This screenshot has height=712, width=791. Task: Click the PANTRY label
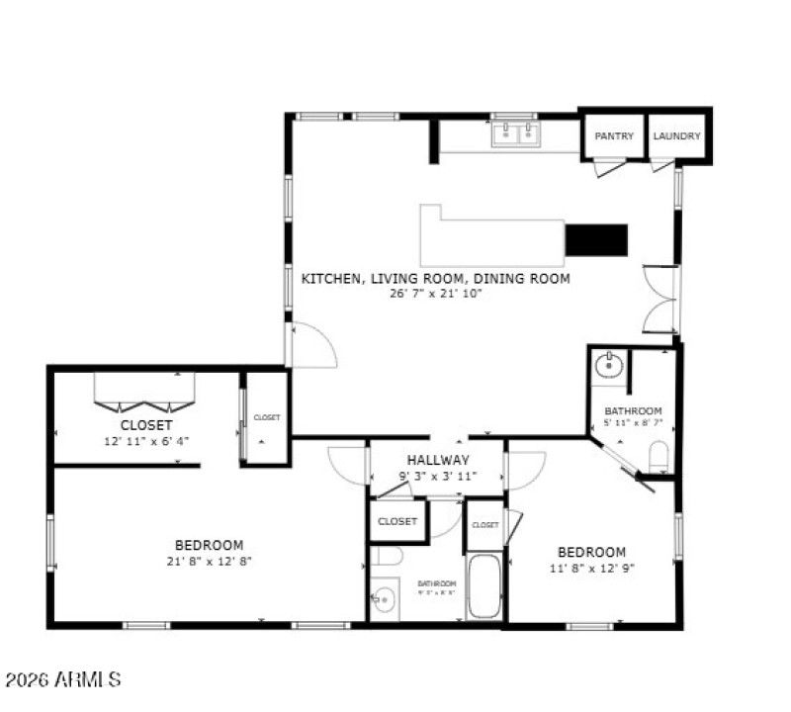614,136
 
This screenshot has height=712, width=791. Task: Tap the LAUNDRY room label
677,136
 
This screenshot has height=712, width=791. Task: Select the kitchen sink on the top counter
514,133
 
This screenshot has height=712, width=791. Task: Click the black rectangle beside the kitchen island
596,239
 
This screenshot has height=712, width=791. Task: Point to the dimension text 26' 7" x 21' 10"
435,294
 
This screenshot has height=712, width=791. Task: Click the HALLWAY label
438,460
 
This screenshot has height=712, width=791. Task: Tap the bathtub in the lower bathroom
483,586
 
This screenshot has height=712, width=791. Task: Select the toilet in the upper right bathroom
659,457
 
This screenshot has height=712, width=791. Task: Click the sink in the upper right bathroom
607,367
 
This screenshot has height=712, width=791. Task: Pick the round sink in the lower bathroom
383,598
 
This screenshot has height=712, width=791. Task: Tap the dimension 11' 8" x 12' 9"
591,568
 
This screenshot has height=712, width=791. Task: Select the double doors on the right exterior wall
660,299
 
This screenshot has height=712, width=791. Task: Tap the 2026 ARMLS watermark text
63,680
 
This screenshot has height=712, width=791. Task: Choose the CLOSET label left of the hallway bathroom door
397,521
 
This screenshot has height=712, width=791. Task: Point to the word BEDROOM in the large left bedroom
209,545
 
